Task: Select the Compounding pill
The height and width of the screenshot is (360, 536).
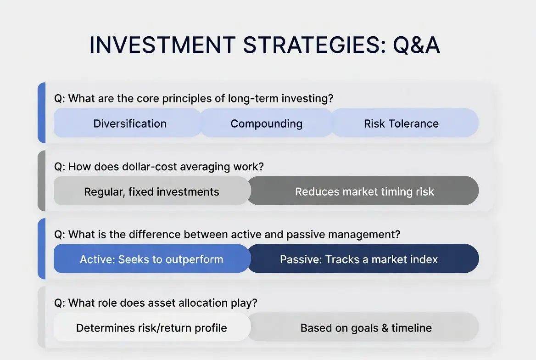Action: (x=266, y=123)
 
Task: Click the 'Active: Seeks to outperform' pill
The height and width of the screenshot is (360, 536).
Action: (x=152, y=259)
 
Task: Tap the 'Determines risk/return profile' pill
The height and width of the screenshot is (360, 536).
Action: (x=152, y=327)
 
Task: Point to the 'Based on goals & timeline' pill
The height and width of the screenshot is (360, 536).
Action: (x=363, y=327)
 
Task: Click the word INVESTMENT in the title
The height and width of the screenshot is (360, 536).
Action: (x=162, y=45)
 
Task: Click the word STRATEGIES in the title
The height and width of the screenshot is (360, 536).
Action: (x=314, y=45)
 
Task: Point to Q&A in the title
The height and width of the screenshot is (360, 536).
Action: (x=416, y=45)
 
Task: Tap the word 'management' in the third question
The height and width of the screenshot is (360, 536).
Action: (x=364, y=234)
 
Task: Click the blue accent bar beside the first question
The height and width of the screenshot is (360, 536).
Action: (x=41, y=112)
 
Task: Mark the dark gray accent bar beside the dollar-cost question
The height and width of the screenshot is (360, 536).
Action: (x=41, y=180)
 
